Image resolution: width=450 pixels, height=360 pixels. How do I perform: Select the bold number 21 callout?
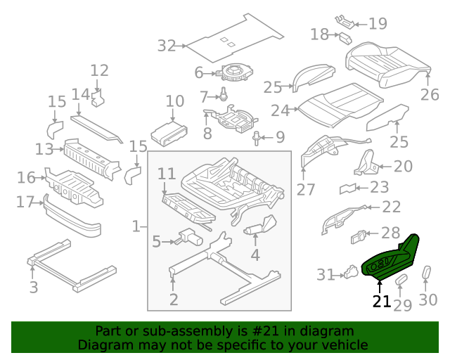[x=380, y=302]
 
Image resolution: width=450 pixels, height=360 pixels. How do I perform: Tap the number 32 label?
[x=167, y=46]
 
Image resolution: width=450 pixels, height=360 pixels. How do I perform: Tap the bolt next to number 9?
[x=257, y=136]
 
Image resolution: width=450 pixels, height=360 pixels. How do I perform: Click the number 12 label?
[x=99, y=70]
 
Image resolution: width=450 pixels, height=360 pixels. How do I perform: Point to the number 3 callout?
[x=33, y=287]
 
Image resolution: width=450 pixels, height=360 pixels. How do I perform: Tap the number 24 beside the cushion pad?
[x=281, y=110]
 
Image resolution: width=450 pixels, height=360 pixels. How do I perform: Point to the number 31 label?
[x=326, y=275]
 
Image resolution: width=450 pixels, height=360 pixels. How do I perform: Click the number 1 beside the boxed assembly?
[x=136, y=226]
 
